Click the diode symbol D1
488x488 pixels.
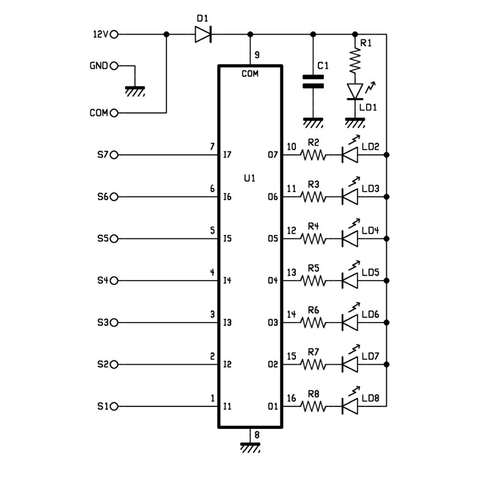pos(203,34)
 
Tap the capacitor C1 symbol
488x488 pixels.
pos(313,82)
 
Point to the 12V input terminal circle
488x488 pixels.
pos(113,34)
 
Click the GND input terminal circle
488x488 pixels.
pos(113,66)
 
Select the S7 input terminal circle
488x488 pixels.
pos(113,155)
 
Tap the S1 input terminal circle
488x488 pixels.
pos(113,406)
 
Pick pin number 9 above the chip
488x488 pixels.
pos(257,55)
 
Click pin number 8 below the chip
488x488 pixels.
pos(257,435)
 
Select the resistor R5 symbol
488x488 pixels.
pos(313,281)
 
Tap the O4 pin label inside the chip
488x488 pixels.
pos(273,281)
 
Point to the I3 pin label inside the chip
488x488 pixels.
pos(228,323)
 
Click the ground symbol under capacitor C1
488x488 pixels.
pos(313,123)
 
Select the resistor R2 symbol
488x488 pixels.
pos(313,155)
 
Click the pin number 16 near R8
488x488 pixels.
pos(291,398)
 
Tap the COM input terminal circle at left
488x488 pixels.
pos(113,113)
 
